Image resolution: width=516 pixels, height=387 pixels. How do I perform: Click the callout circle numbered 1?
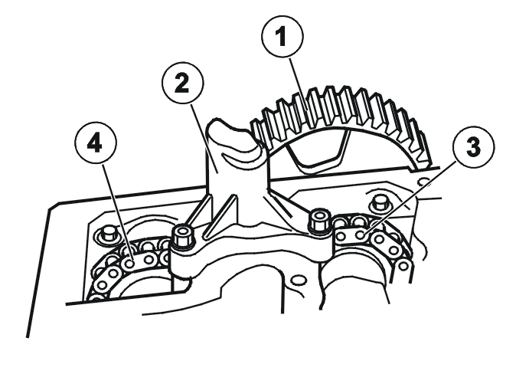[x=282, y=36]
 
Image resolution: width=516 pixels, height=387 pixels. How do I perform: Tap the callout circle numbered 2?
[x=183, y=83]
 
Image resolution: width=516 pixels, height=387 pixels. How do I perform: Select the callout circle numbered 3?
[x=474, y=147]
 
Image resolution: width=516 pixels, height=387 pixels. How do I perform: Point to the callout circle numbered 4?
[x=96, y=143]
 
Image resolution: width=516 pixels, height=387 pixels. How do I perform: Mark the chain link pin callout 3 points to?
[x=361, y=235]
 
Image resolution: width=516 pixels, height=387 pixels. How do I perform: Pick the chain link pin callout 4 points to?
[x=130, y=264]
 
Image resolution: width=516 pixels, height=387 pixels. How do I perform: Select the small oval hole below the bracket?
[x=299, y=280]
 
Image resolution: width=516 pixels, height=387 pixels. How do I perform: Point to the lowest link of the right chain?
[x=403, y=266]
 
